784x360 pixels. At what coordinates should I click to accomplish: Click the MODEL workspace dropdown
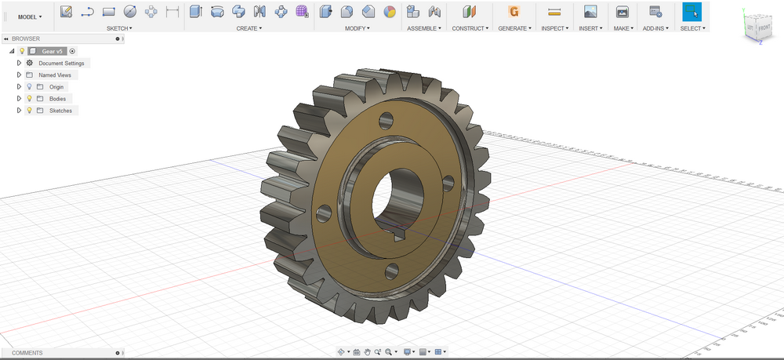(x=30, y=16)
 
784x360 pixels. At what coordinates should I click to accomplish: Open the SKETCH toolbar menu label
(x=119, y=28)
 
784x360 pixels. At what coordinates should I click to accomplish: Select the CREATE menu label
(x=249, y=28)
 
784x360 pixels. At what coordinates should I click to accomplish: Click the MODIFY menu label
(x=358, y=28)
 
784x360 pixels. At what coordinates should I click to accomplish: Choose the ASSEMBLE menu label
(x=424, y=28)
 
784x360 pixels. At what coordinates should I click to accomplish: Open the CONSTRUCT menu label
(x=470, y=28)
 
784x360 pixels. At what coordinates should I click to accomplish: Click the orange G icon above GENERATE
(x=514, y=12)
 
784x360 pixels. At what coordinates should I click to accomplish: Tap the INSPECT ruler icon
(x=554, y=12)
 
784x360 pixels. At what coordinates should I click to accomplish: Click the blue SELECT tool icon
(x=691, y=12)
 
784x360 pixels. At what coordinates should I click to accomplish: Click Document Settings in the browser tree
(x=61, y=63)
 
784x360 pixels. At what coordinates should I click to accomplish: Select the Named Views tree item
(x=55, y=75)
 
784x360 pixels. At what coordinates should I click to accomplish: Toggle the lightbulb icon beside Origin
(x=29, y=87)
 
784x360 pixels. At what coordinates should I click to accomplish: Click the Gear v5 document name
(x=53, y=50)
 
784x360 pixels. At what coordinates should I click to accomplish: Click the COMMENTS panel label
(x=27, y=353)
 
